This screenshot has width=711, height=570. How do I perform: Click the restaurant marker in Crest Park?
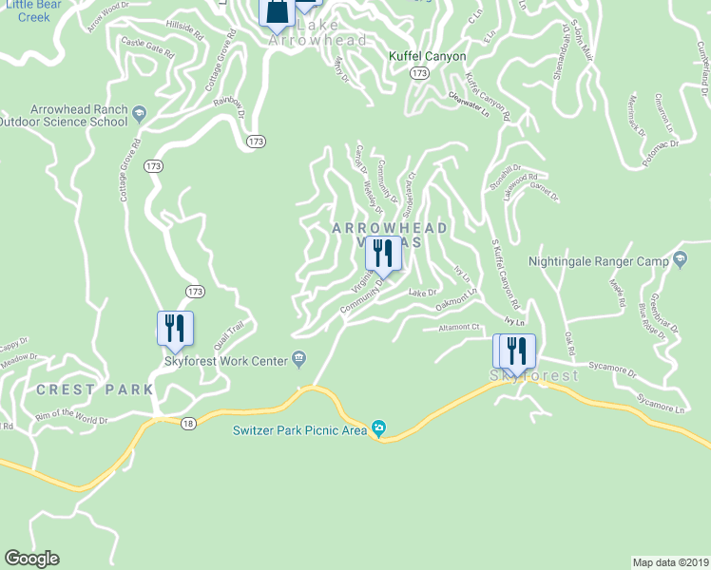pyautogui.click(x=175, y=328)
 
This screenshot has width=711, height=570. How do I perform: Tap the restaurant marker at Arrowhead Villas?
pyautogui.click(x=383, y=254)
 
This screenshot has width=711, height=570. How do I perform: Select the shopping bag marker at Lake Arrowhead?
pyautogui.click(x=277, y=11)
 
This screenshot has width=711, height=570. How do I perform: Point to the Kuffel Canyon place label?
pyautogui.click(x=428, y=56)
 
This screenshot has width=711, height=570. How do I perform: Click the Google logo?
pyautogui.click(x=31, y=559)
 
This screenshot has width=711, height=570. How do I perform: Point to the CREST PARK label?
pyautogui.click(x=94, y=389)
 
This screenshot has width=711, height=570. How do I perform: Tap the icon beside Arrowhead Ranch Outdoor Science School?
pyautogui.click(x=139, y=115)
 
